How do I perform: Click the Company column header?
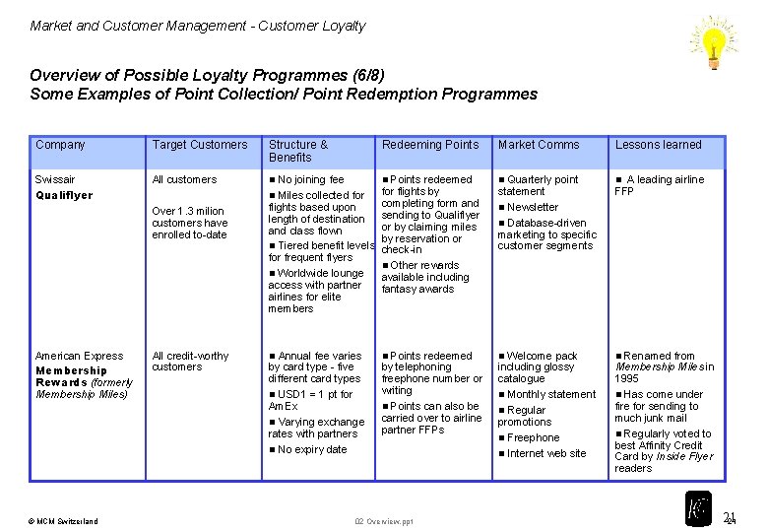60,145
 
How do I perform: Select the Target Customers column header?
200,145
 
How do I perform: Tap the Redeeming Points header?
430,145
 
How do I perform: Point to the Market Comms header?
539,145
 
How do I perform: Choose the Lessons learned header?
658,145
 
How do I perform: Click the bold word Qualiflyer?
64,195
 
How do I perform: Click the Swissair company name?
55,179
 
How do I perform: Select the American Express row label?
79,356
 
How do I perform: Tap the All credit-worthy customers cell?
190,362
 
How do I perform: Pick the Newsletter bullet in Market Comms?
533,207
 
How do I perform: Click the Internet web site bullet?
546,453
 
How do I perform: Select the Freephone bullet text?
533,437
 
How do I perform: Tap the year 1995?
627,378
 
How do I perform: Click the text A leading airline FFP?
659,185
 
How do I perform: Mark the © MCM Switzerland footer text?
64,521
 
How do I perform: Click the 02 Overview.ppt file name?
384,521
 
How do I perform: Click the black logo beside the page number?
698,507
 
